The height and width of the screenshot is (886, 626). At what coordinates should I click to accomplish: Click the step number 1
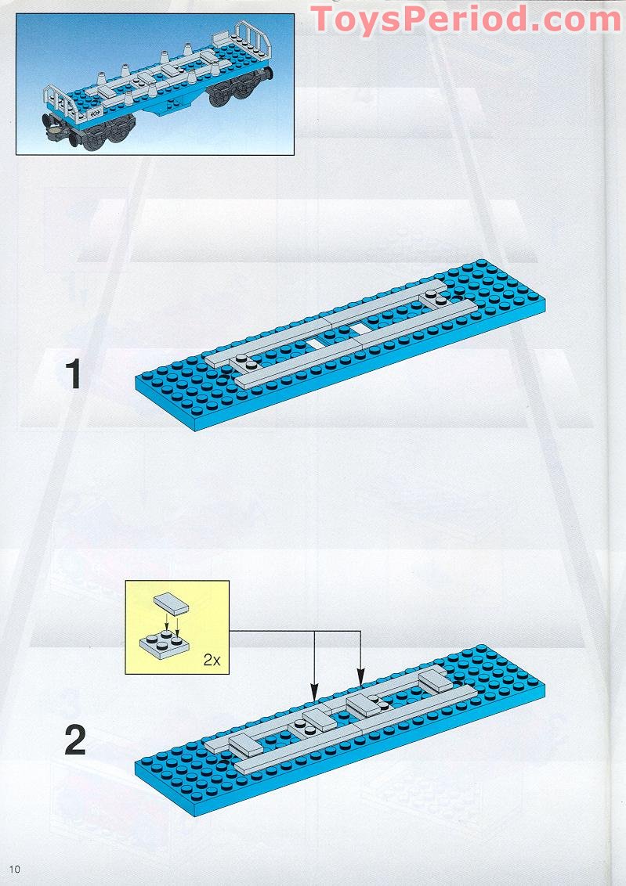click(x=74, y=374)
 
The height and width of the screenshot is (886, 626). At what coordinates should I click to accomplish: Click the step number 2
click(x=74, y=740)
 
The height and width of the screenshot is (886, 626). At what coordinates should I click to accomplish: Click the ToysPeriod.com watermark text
click(x=467, y=20)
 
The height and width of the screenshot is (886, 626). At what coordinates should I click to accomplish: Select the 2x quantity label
click(x=212, y=660)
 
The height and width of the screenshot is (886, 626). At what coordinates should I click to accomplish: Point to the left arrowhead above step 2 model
click(x=314, y=693)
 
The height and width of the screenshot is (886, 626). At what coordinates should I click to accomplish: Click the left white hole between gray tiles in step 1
click(x=315, y=343)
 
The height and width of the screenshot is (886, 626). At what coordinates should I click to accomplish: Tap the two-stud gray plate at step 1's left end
click(x=245, y=362)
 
